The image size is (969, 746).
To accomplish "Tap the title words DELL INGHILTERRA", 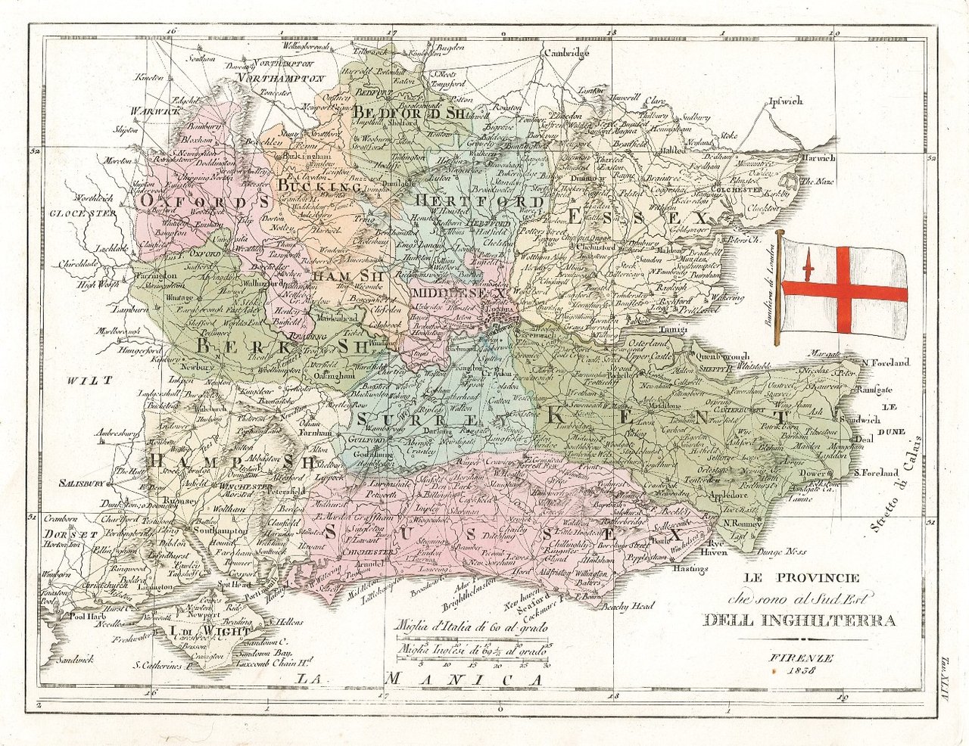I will point(799,621).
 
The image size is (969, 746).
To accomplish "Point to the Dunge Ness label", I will point(786,552).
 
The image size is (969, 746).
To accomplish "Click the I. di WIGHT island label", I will point(198,629).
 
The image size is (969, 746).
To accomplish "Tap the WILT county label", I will point(89,380).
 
